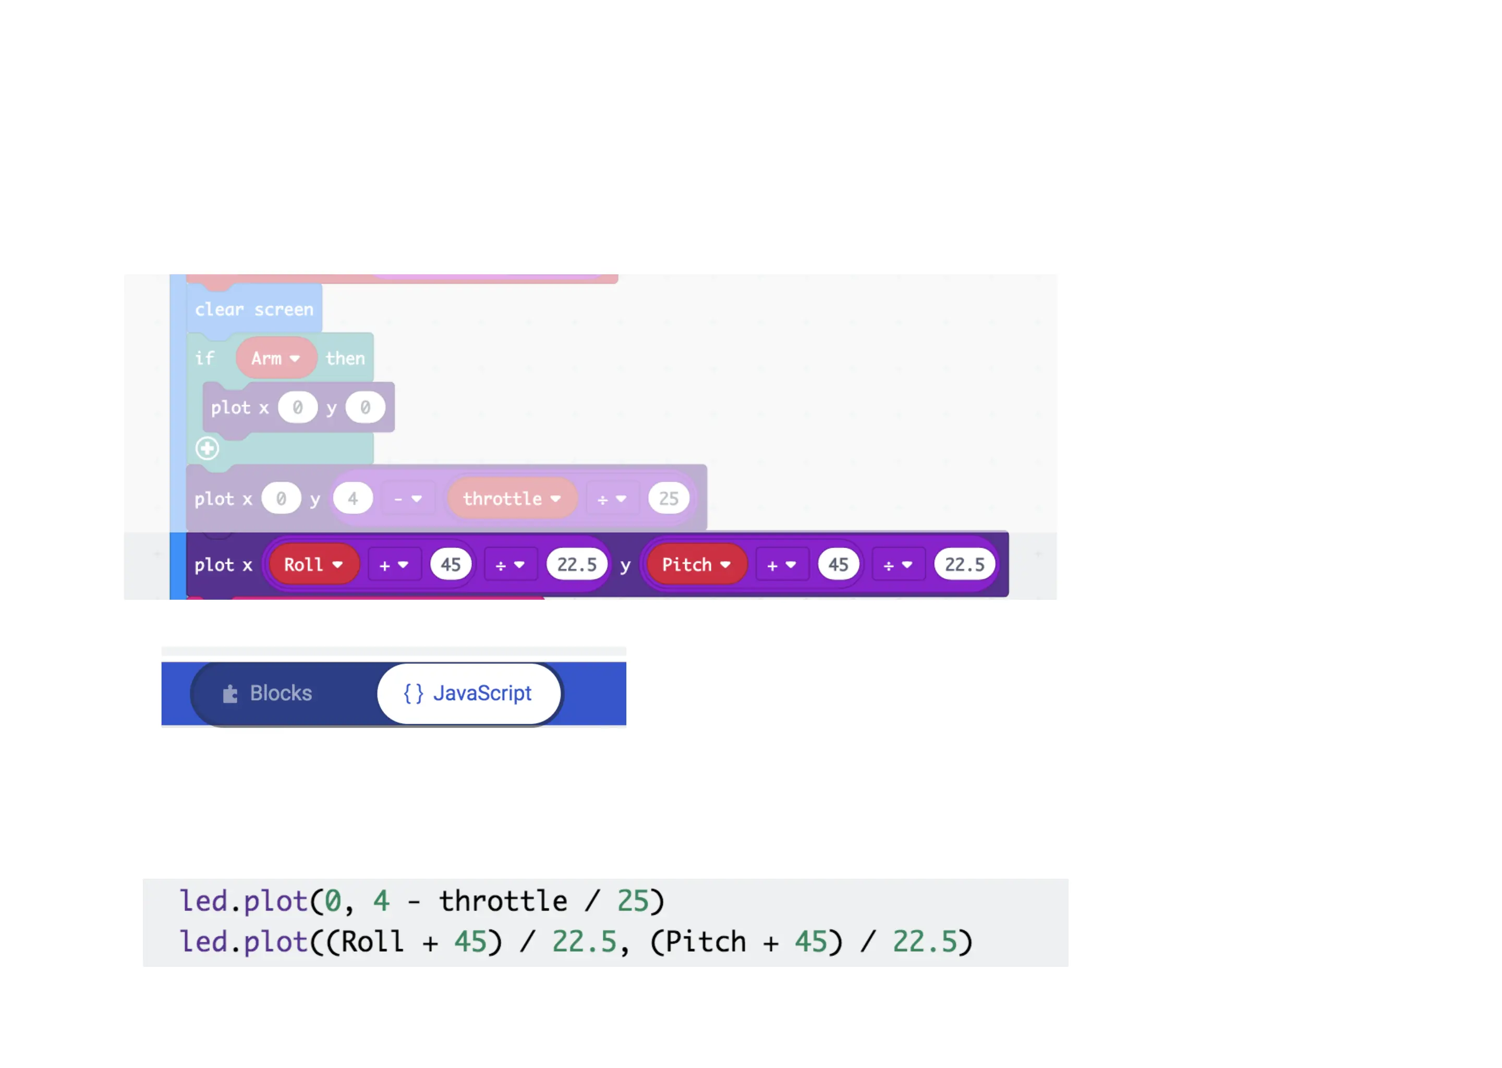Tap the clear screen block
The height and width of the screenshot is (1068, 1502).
(254, 309)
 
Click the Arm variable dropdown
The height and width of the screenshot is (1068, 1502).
(276, 358)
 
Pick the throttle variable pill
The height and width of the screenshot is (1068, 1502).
(512, 499)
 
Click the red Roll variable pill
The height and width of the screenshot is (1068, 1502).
(313, 565)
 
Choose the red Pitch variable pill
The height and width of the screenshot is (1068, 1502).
(696, 565)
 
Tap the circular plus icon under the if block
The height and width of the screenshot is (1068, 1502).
(207, 448)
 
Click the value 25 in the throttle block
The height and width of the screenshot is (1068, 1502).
(668, 499)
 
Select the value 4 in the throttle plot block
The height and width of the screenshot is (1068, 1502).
(353, 499)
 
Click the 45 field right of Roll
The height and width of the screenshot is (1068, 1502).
(451, 565)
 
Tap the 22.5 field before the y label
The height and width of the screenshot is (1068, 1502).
(577, 565)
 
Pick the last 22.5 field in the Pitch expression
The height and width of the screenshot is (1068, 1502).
(964, 565)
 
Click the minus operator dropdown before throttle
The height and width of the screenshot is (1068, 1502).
(408, 499)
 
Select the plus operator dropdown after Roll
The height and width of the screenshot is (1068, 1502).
(394, 565)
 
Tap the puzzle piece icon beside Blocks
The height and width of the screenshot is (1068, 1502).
(229, 694)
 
